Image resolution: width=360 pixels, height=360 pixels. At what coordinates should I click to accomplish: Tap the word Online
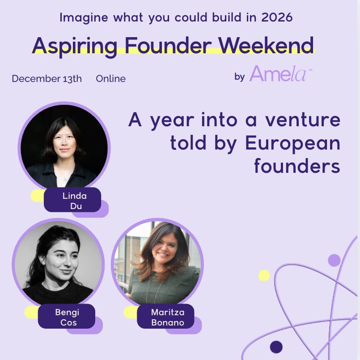tap(111, 79)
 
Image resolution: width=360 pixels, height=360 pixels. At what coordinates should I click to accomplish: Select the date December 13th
tap(47, 79)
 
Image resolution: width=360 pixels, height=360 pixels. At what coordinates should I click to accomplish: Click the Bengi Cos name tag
tap(66, 316)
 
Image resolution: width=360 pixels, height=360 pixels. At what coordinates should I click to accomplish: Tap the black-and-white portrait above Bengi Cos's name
tap(58, 264)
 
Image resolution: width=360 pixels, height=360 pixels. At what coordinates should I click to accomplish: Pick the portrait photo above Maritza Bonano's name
tap(157, 264)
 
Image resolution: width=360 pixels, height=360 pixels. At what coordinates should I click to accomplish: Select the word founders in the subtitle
tap(297, 166)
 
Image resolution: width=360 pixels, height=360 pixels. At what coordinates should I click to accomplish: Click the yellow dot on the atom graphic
tap(264, 275)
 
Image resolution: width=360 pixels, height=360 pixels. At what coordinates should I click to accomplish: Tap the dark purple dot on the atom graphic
tap(276, 347)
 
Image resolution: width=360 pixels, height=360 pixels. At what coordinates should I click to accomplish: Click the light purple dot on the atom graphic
tap(334, 260)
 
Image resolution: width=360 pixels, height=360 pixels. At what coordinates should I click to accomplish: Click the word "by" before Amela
tap(239, 76)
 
